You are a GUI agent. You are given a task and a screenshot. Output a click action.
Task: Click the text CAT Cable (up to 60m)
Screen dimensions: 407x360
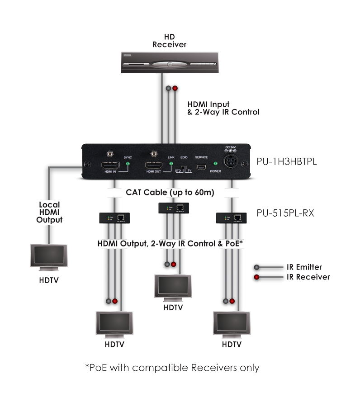tap(169, 193)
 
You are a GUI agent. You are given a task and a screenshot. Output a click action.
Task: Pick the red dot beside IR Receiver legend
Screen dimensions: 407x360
tap(257, 277)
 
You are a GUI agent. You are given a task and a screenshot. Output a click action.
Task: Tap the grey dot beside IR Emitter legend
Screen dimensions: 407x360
tap(257, 267)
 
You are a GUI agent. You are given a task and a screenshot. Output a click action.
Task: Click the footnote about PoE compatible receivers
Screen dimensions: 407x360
tap(172, 367)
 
